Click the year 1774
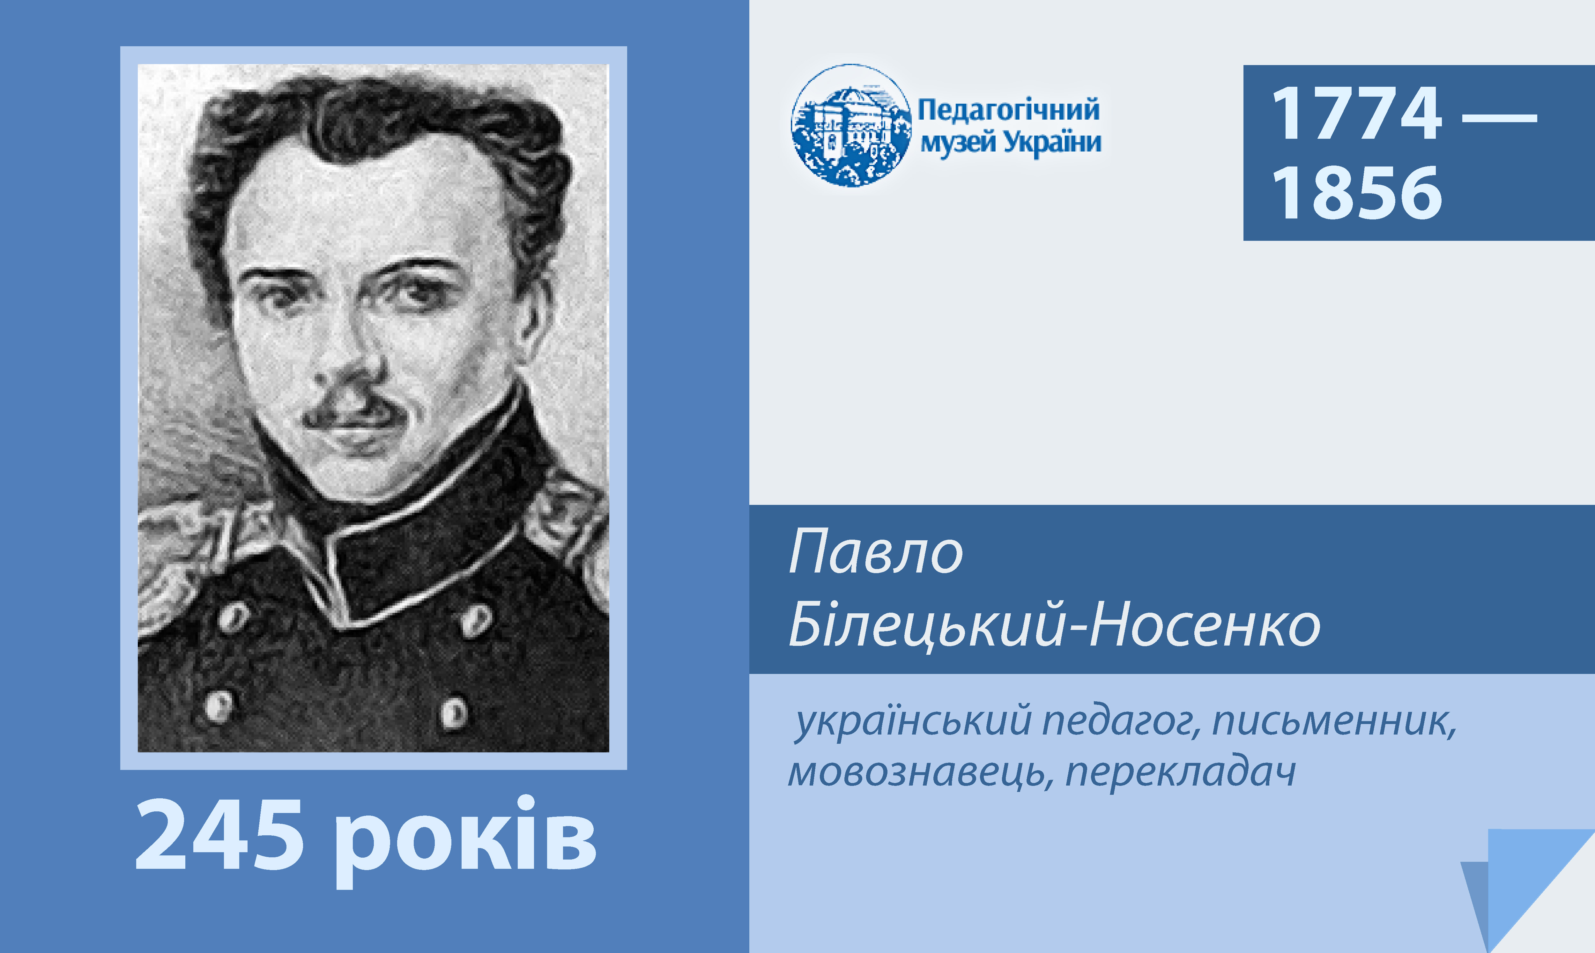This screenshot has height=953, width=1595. click(1357, 114)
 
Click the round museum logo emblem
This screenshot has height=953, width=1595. click(851, 125)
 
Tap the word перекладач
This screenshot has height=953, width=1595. click(1180, 772)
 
